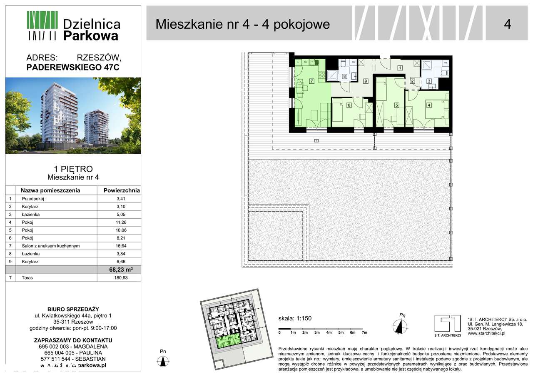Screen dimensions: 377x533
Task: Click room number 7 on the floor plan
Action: point(311,81)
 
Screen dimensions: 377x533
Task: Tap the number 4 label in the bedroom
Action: point(428,105)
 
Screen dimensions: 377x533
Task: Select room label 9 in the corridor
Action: point(365,81)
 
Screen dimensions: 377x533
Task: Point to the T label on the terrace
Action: point(316,141)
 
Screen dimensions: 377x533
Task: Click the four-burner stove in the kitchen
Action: point(321,75)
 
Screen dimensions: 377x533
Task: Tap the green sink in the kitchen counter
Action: point(316,62)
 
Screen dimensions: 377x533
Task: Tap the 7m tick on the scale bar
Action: point(364,332)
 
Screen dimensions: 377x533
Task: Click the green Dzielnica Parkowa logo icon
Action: point(42,25)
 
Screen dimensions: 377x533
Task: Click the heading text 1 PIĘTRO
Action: point(73,169)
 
